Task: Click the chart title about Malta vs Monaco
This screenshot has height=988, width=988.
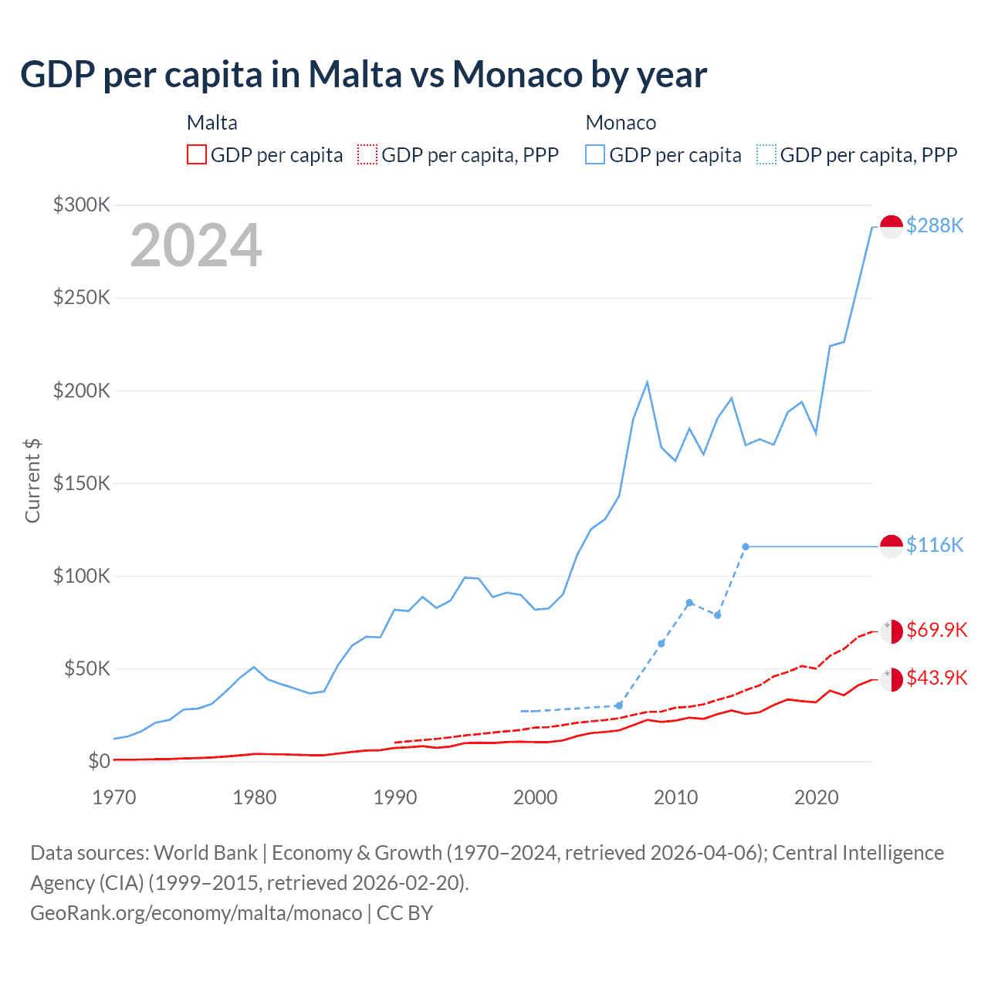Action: click(364, 75)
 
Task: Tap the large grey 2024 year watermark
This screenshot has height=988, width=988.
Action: click(196, 245)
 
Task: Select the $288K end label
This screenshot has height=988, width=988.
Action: click(935, 225)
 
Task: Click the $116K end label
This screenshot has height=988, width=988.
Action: click(935, 545)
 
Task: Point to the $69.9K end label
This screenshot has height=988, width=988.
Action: click(936, 630)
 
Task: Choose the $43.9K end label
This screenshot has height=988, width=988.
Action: click(936, 678)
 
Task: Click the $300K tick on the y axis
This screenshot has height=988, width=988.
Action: click(82, 205)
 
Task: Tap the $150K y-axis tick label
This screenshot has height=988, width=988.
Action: click(82, 483)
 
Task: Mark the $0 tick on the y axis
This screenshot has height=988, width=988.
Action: click(99, 761)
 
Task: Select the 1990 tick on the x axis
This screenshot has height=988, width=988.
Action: click(395, 797)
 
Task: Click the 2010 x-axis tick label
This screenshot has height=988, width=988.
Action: click(676, 797)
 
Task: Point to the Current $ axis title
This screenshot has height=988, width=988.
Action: click(32, 480)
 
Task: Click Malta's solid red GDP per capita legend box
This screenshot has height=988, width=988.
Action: click(197, 154)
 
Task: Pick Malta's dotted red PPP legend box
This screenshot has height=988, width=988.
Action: click(367, 154)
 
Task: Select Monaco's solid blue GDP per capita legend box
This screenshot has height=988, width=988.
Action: click(595, 154)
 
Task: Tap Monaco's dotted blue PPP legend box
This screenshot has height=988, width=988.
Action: click(766, 154)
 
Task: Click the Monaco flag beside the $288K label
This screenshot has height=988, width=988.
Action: click(892, 227)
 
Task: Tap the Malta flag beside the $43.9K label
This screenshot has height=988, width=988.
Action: click(892, 679)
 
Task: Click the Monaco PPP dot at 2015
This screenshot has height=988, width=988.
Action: click(746, 546)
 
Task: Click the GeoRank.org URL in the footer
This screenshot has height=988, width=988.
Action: click(196, 913)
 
